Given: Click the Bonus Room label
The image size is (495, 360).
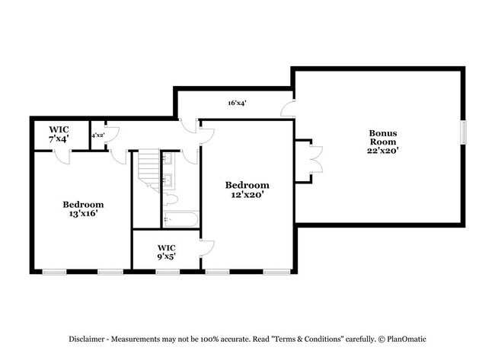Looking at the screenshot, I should pyautogui.click(x=383, y=137).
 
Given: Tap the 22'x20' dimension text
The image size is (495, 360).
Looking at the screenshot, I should pyautogui.click(x=383, y=150).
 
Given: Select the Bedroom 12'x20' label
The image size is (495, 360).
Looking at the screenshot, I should pyautogui.click(x=247, y=190).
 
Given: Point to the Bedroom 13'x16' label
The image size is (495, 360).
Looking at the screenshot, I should pyautogui.click(x=83, y=209).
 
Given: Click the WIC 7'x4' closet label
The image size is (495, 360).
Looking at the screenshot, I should pyautogui.click(x=59, y=134).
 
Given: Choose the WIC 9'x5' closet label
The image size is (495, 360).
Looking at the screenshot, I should pyautogui.click(x=167, y=252).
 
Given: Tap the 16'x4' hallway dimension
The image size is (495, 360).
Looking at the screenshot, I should pyautogui.click(x=236, y=103).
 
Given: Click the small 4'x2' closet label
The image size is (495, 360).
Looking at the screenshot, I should pyautogui.click(x=98, y=135).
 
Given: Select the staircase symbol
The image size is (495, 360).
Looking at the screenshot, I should pyautogui.click(x=147, y=172).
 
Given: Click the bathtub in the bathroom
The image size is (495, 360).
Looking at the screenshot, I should pyautogui.click(x=180, y=219).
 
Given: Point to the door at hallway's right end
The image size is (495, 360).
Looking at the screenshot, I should pyautogui.click(x=288, y=108).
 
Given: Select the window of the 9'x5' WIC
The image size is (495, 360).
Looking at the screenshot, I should pyautogui.click(x=167, y=272).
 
